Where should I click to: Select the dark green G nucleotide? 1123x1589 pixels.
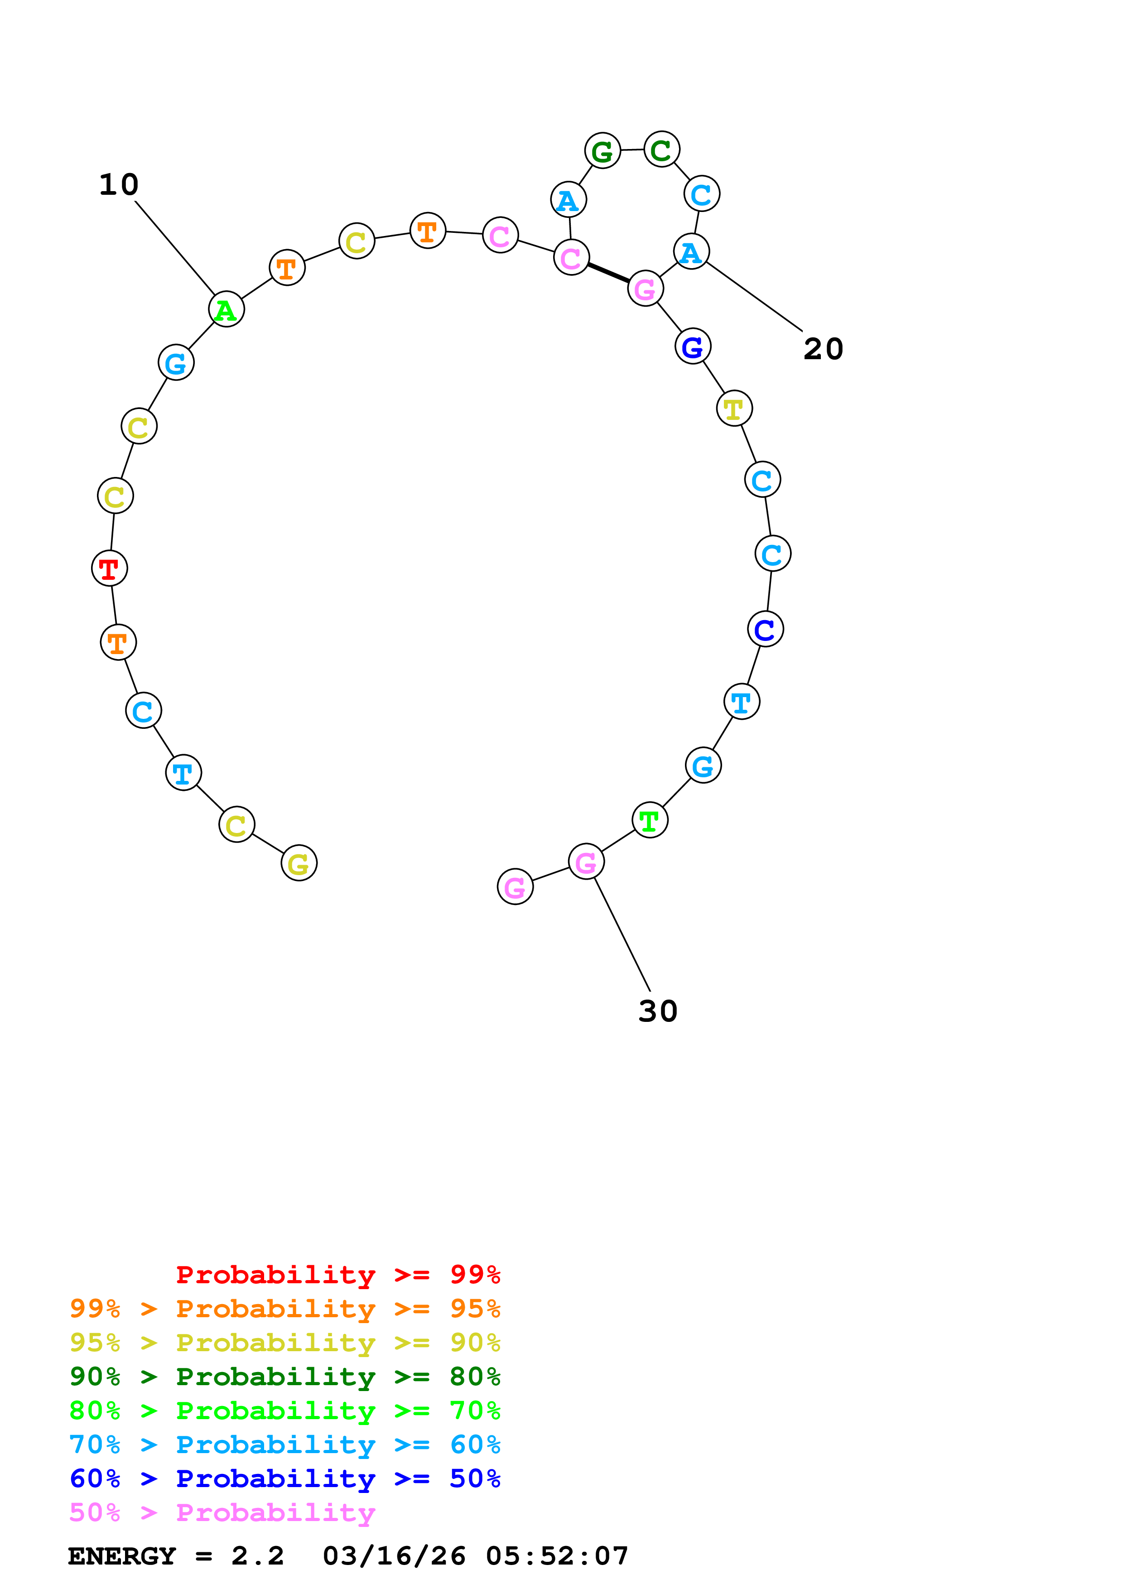click(x=602, y=150)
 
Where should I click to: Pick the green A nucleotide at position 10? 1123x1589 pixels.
click(x=226, y=309)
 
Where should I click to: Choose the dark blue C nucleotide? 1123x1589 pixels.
click(x=765, y=629)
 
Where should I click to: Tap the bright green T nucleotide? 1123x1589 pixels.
click(x=650, y=820)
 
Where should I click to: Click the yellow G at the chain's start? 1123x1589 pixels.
click(x=299, y=863)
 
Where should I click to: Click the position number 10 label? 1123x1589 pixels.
click(x=119, y=185)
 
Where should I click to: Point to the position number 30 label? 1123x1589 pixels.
click(x=657, y=1011)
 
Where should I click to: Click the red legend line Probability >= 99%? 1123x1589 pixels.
click(x=337, y=1275)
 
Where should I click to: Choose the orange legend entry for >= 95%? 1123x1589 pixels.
click(x=284, y=1309)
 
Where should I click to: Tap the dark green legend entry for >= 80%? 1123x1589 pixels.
click(x=284, y=1377)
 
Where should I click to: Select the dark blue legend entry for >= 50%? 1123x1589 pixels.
click(x=284, y=1478)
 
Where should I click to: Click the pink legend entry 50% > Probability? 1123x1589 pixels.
click(x=222, y=1512)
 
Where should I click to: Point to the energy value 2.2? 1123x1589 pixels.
click(x=257, y=1556)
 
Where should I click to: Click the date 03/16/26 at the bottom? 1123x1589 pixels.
click(x=394, y=1556)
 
